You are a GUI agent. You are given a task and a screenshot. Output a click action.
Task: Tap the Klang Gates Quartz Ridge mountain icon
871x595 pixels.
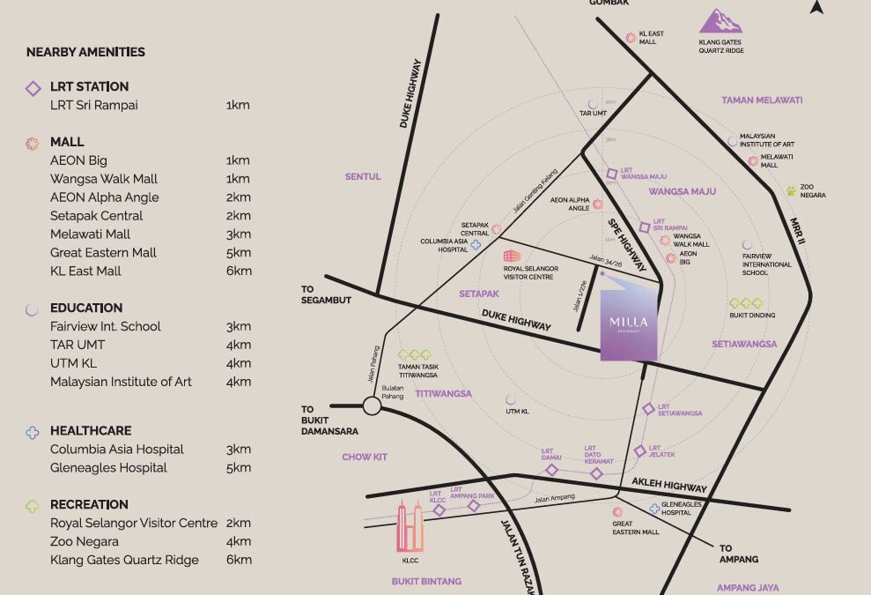click(x=720, y=22)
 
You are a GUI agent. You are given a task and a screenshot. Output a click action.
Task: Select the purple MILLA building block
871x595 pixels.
click(x=629, y=321)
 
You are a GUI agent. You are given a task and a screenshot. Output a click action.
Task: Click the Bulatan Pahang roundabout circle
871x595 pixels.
click(x=372, y=405)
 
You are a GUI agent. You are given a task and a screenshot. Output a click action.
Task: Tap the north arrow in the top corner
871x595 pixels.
click(x=816, y=8)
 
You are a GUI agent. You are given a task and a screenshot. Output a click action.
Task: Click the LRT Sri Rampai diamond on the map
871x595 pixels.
click(x=644, y=227)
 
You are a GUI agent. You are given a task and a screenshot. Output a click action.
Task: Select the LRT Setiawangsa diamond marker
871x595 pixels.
click(x=648, y=409)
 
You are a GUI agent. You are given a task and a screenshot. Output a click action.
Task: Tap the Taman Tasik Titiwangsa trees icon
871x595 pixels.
click(x=414, y=355)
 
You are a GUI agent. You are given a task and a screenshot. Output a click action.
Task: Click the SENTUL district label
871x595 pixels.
click(x=363, y=177)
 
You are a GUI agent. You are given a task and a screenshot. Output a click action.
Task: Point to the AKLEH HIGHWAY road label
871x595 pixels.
click(x=668, y=484)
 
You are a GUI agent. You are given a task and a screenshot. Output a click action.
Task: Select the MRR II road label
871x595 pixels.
click(x=798, y=231)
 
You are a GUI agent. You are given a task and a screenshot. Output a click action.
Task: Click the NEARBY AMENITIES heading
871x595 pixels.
click(x=85, y=52)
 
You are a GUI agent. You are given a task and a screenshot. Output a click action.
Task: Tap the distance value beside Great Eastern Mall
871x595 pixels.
click(x=239, y=253)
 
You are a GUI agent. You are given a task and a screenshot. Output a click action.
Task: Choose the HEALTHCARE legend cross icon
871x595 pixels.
click(x=33, y=432)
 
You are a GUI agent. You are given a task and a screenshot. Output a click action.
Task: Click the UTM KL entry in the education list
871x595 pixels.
click(x=73, y=363)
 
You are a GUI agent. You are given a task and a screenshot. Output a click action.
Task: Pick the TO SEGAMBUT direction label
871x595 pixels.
click(x=326, y=294)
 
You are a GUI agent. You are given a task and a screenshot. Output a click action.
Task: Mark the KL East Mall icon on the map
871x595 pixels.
click(x=631, y=38)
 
